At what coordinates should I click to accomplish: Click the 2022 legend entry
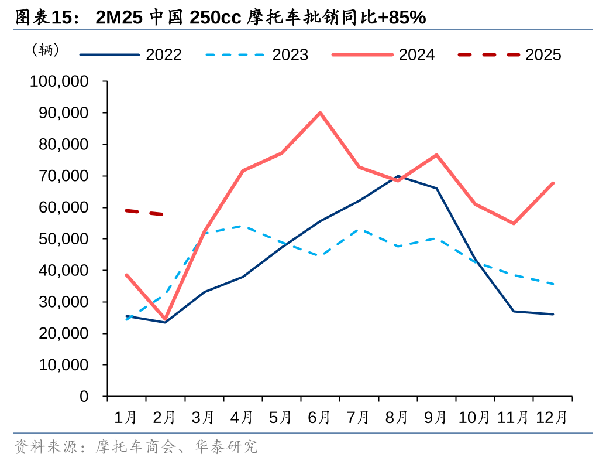131,54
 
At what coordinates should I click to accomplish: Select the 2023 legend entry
257,54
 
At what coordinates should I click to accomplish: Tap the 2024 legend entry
384,54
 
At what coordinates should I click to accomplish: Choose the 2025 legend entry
509,54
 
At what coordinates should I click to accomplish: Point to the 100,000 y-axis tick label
59,81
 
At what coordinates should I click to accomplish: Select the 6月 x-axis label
319,418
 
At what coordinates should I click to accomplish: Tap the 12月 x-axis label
552,418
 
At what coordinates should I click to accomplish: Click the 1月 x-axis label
126,418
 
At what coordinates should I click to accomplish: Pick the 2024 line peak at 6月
320,112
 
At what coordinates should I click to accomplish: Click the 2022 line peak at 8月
398,176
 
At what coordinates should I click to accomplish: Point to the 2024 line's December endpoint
553,183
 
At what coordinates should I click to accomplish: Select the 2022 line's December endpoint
553,314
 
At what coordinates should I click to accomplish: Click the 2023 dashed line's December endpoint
553,284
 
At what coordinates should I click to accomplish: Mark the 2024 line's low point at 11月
514,223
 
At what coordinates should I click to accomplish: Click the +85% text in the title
402,18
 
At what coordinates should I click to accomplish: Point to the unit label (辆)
46,50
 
